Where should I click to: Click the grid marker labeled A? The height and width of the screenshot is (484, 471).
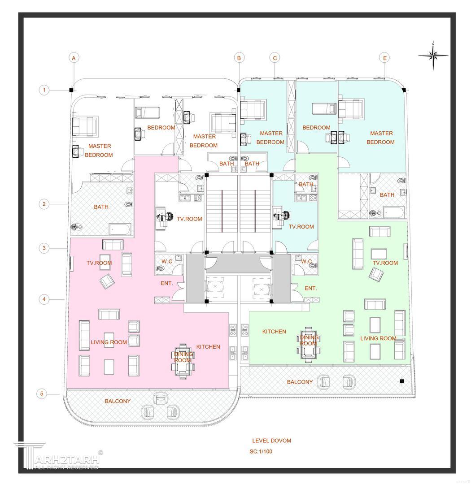click(74, 58)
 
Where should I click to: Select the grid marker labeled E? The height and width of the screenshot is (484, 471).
click(384, 58)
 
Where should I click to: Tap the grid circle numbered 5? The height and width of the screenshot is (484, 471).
click(42, 394)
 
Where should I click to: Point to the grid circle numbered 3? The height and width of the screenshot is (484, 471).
click(44, 248)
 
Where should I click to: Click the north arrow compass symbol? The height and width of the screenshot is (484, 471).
click(433, 56)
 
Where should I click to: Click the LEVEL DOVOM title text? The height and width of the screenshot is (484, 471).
click(271, 441)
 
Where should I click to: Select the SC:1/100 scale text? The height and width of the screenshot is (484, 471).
click(261, 451)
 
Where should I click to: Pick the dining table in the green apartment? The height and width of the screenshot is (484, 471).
click(308, 346)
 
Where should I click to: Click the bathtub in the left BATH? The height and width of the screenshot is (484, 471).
click(120, 230)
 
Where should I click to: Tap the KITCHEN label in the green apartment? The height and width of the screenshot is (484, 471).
click(274, 332)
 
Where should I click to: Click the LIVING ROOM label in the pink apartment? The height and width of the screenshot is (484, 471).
click(109, 342)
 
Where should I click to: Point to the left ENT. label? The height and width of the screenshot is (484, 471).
click(167, 283)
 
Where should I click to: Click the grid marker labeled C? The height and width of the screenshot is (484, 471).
click(275, 58)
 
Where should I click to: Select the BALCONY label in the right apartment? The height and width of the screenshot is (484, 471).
click(300, 382)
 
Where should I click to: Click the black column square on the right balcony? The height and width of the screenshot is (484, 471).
click(402, 381)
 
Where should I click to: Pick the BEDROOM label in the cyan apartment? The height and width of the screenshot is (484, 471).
click(316, 128)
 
